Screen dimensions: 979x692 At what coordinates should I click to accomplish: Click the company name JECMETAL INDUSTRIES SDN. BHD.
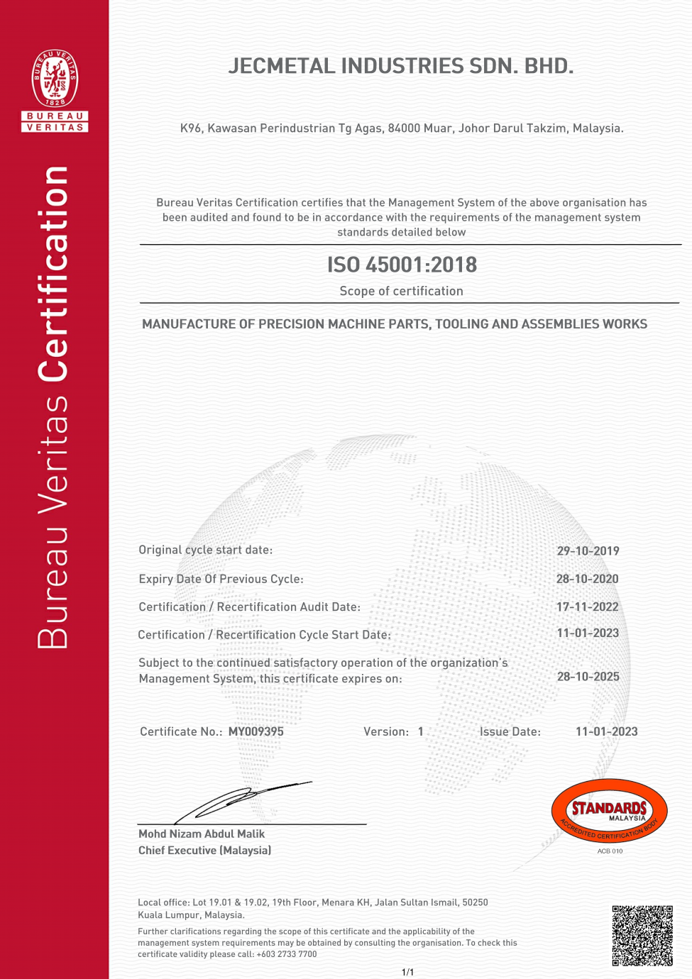tap(401, 66)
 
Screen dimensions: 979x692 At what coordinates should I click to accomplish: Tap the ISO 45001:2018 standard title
tap(402, 265)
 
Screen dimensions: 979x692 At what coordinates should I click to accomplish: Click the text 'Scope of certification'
tap(401, 291)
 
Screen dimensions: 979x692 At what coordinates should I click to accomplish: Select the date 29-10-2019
tap(588, 551)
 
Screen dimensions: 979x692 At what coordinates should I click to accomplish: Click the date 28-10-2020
tap(587, 579)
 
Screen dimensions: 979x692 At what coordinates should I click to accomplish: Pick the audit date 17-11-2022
tap(587, 607)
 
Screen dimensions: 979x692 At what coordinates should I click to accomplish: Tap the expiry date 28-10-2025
tap(588, 677)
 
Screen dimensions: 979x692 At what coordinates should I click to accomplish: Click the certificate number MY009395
tap(256, 731)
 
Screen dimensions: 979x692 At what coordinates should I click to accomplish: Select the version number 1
tap(421, 731)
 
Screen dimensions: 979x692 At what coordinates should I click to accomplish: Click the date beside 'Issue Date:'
tap(606, 731)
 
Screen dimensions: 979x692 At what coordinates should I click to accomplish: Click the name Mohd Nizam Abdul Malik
tap(202, 834)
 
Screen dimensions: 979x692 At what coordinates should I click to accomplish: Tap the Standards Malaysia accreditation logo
tap(610, 811)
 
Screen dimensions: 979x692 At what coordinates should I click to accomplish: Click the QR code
tap(642, 935)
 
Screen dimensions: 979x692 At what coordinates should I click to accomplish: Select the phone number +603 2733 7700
tap(287, 954)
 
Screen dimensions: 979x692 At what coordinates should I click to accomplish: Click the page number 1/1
tap(407, 972)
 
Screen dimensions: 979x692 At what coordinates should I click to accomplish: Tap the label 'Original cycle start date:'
tap(205, 550)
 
